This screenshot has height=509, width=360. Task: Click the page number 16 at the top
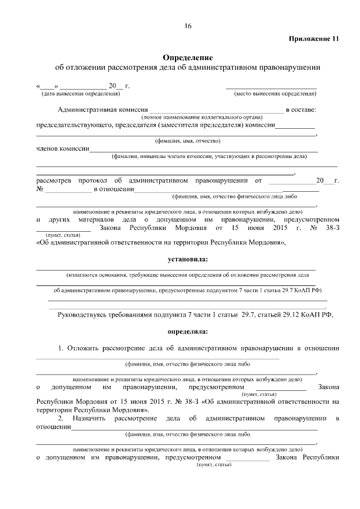coord(187,26)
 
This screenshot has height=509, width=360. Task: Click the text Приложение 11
coord(314,39)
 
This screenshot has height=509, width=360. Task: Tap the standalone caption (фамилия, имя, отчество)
coord(187,141)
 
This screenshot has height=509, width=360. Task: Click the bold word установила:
coord(187,259)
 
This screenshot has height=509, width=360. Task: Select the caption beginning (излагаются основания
coord(187,276)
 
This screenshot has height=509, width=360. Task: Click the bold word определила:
coord(187,331)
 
